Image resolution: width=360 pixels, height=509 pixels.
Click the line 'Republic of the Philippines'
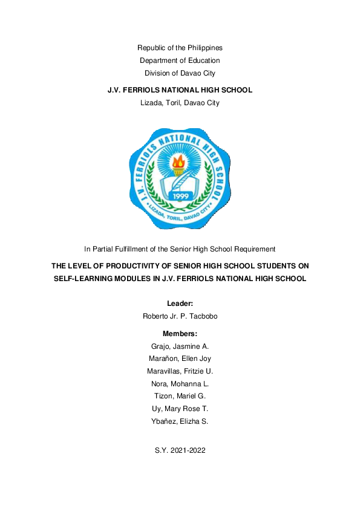180,47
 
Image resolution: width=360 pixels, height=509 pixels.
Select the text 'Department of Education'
180,60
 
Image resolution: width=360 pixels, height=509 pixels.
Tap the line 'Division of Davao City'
180,73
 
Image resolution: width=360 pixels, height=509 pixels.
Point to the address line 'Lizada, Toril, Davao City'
180,103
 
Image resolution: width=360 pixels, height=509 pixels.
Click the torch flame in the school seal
179,161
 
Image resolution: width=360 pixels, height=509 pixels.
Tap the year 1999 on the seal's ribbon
181,196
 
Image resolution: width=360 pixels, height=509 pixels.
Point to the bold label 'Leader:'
180,303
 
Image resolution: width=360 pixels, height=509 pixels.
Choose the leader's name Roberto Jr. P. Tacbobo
180,316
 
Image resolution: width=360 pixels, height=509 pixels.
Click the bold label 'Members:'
180,334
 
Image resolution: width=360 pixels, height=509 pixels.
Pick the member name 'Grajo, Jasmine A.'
180,346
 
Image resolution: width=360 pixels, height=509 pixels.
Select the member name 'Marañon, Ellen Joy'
180,359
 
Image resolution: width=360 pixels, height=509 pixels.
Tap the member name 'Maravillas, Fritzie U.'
180,371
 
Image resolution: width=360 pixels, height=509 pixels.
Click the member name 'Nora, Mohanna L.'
180,384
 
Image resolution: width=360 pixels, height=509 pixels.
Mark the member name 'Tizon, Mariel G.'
180,396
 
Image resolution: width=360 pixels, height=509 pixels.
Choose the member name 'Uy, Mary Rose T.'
180,409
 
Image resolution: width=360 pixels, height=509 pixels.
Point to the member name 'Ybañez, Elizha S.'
180,421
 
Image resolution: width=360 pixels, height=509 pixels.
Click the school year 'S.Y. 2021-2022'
180,450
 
